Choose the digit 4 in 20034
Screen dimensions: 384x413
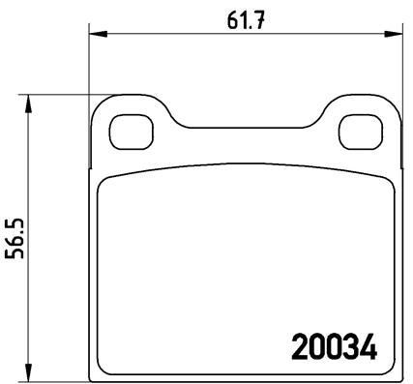click(x=367, y=343)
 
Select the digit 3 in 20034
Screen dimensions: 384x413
click(x=350, y=343)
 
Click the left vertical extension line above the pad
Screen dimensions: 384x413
click(x=90, y=68)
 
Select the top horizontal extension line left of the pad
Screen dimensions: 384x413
click(x=58, y=95)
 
